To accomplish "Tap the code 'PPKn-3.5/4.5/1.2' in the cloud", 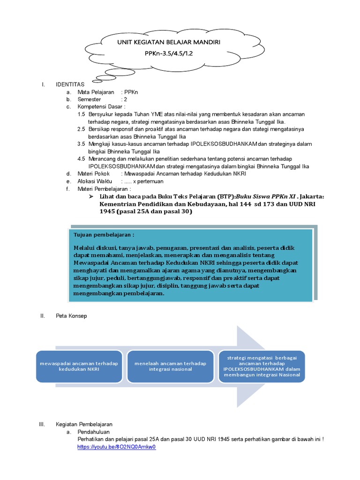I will tap(169, 53).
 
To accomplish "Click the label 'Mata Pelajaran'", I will tap(96, 92).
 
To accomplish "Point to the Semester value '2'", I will tap(126, 100).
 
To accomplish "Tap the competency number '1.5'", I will tap(81, 114).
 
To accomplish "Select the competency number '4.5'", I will tap(81, 159).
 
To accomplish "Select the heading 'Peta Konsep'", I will tap(71, 316).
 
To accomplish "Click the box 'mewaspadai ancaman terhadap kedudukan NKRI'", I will tap(79, 366).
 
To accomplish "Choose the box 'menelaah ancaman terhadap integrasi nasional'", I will tap(170, 366).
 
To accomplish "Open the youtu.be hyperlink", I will tap(116, 447).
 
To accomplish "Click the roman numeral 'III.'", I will tap(42, 424).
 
